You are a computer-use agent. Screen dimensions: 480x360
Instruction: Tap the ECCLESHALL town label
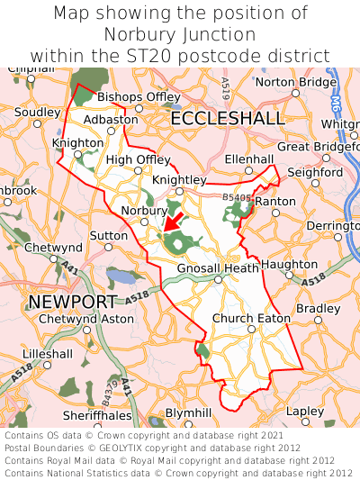(x=227, y=119)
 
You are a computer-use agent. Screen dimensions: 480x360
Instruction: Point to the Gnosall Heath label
(x=218, y=267)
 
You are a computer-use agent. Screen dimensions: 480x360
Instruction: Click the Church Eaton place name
(x=251, y=318)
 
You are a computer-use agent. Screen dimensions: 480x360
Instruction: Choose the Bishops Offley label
(x=139, y=96)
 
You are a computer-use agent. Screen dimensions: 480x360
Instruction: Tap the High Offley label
(x=138, y=159)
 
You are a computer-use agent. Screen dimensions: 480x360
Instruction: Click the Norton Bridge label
(x=296, y=82)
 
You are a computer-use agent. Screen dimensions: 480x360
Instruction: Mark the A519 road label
(x=224, y=88)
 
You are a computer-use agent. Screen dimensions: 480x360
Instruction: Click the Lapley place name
(x=304, y=411)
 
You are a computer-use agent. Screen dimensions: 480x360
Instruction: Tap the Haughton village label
(x=289, y=265)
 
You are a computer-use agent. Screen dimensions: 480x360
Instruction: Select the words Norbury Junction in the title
(x=179, y=35)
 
